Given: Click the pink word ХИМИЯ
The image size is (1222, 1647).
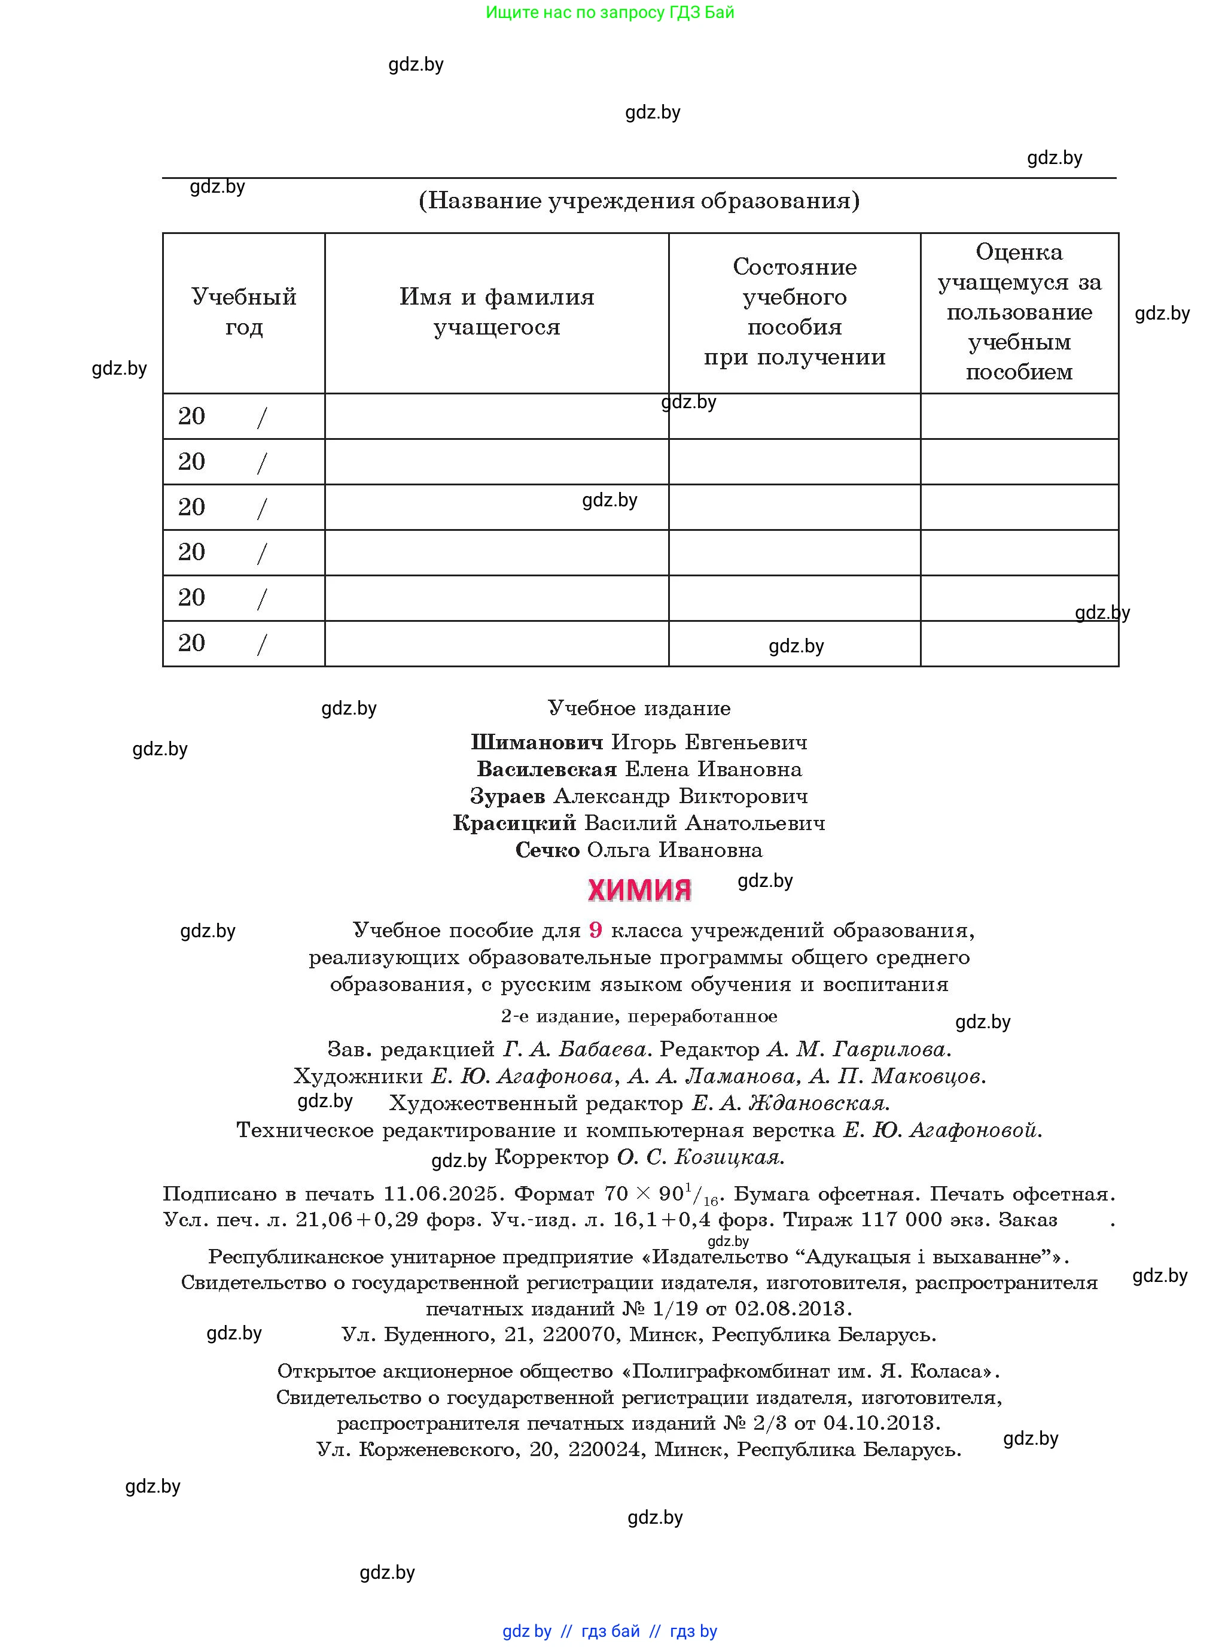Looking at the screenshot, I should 639,890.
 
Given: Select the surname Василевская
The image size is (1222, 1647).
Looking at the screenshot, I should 547,769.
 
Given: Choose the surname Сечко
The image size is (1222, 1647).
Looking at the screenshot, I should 547,850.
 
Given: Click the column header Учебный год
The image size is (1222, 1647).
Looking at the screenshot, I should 243,312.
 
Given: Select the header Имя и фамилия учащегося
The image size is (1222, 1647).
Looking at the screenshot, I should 496,312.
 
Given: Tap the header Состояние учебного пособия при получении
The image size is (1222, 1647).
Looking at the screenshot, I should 794,312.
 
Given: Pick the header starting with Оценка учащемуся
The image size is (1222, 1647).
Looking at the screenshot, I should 1019,312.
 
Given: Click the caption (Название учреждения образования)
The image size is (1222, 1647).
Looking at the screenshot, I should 639,200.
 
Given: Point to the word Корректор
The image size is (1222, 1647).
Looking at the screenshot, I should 551,1157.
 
